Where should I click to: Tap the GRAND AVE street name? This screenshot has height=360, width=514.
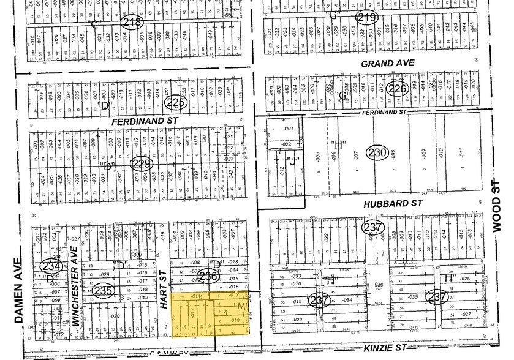388,64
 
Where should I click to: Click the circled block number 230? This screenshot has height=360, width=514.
376,151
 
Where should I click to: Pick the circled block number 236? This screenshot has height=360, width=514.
208,277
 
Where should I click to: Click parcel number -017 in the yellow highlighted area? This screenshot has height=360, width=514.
233,296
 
